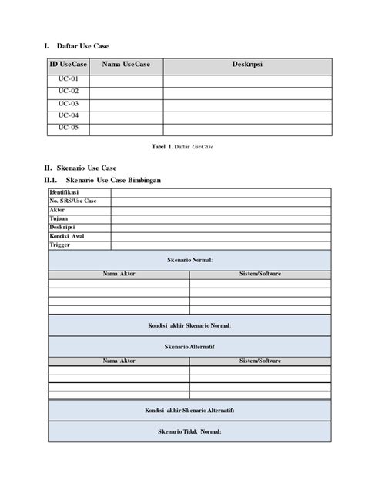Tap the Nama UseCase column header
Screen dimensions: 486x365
125,66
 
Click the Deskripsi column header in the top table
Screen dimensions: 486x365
248,66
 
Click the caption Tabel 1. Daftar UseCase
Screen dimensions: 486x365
182,146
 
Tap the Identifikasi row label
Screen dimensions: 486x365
68,192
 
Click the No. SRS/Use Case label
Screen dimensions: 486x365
73,201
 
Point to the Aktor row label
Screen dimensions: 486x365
59,210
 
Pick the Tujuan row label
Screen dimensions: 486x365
60,218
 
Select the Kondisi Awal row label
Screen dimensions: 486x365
67,236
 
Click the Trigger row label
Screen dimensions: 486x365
60,245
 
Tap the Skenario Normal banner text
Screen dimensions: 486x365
189,261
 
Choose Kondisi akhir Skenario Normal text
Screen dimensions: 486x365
189,325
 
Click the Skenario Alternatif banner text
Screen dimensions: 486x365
189,348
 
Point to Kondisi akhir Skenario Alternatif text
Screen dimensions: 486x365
189,411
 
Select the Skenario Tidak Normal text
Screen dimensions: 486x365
189,432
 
